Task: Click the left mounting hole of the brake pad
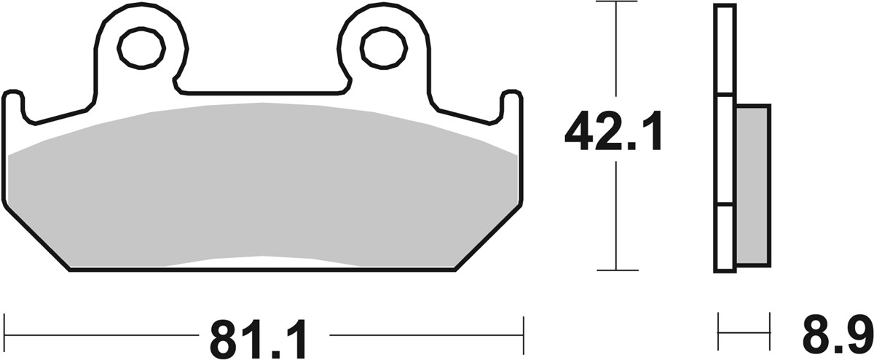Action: click(x=141, y=48)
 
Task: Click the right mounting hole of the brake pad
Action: click(x=380, y=48)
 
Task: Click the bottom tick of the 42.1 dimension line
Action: click(x=617, y=270)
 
